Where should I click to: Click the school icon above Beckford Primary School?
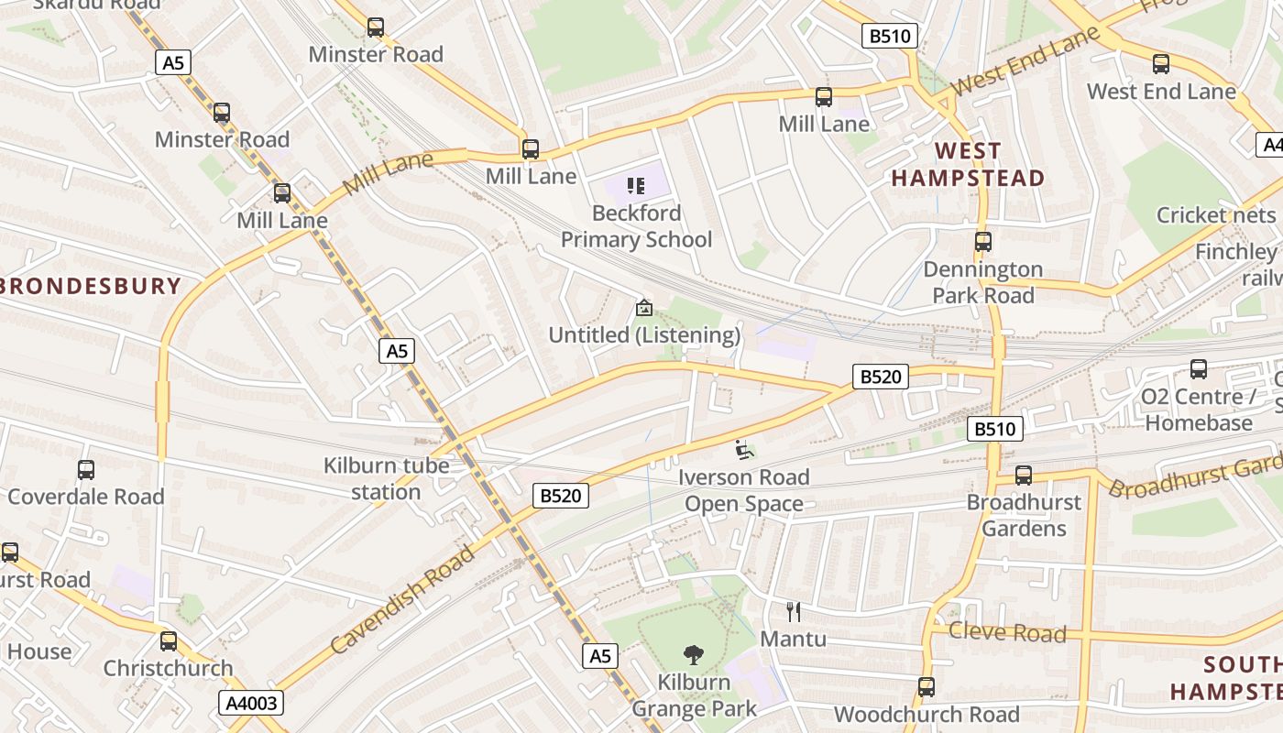click(x=636, y=187)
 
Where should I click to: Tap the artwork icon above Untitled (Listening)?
click(x=644, y=309)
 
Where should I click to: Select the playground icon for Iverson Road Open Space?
click(x=744, y=450)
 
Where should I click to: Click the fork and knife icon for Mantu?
click(x=794, y=611)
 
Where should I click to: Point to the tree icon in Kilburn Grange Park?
click(x=694, y=655)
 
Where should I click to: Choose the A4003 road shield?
click(x=251, y=703)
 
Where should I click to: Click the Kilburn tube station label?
click(x=386, y=478)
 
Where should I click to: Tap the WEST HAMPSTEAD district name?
click(x=969, y=164)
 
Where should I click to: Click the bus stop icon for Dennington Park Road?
click(x=983, y=242)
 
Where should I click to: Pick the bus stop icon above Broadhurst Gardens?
click(x=1024, y=476)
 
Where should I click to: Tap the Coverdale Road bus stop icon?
click(x=86, y=470)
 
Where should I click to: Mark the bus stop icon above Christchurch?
click(x=169, y=641)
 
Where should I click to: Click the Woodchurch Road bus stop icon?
click(x=927, y=687)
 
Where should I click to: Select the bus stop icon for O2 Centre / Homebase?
click(x=1198, y=369)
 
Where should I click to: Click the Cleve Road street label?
click(x=1007, y=632)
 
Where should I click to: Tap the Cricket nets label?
click(x=1215, y=214)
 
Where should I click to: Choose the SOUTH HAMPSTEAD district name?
click(x=1227, y=678)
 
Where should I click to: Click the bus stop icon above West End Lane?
click(x=1161, y=64)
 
